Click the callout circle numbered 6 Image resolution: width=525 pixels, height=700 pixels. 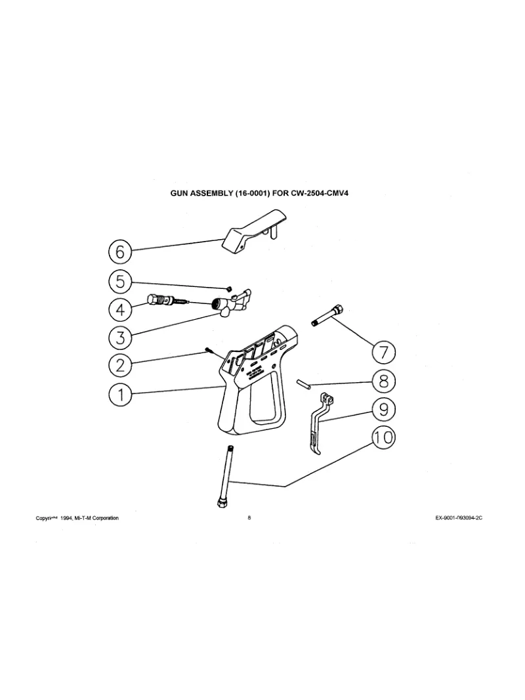[x=120, y=252]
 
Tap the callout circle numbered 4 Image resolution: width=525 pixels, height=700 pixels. [x=120, y=309]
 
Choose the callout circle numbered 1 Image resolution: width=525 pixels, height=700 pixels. [x=120, y=394]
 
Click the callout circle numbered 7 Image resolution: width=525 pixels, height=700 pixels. [x=384, y=353]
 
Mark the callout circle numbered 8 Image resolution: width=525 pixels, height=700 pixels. [x=384, y=380]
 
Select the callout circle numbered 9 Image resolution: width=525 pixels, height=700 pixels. [x=384, y=408]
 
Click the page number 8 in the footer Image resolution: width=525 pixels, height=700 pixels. [x=249, y=518]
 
